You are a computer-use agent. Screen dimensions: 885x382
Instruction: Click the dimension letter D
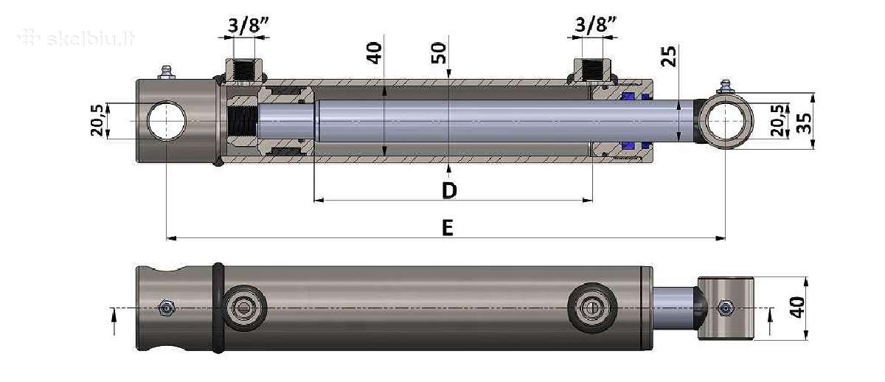coord(449,190)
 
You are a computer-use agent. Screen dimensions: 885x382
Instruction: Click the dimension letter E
coord(447,228)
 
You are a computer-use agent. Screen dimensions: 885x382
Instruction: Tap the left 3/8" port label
coord(248,25)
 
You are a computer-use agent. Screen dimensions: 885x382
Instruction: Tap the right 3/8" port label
coord(595,24)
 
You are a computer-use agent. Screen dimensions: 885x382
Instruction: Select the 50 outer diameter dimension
coord(439,53)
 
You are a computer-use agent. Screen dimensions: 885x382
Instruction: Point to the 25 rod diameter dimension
coord(668,56)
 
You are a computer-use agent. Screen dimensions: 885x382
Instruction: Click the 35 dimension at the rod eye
coord(804,124)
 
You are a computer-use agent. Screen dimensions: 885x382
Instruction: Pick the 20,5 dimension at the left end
coord(97,120)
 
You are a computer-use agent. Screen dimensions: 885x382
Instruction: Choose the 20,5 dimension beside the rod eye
coord(777,120)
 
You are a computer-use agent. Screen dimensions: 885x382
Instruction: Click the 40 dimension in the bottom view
coord(797,307)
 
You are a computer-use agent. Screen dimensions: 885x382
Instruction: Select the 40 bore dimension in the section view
coord(374,53)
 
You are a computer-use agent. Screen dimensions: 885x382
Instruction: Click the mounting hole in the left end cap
coord(167,121)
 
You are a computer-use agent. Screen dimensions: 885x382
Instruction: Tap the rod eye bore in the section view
coord(726,121)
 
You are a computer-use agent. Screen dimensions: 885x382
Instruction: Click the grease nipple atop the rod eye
coord(726,87)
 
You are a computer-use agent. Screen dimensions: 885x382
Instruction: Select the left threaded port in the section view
coord(244,72)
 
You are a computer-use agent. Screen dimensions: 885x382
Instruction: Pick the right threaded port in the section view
coord(591,72)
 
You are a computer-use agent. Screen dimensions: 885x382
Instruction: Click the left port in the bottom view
coord(244,308)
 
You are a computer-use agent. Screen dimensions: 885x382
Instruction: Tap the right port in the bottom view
coord(591,308)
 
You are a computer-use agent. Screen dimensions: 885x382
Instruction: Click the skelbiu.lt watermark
coord(76,38)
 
